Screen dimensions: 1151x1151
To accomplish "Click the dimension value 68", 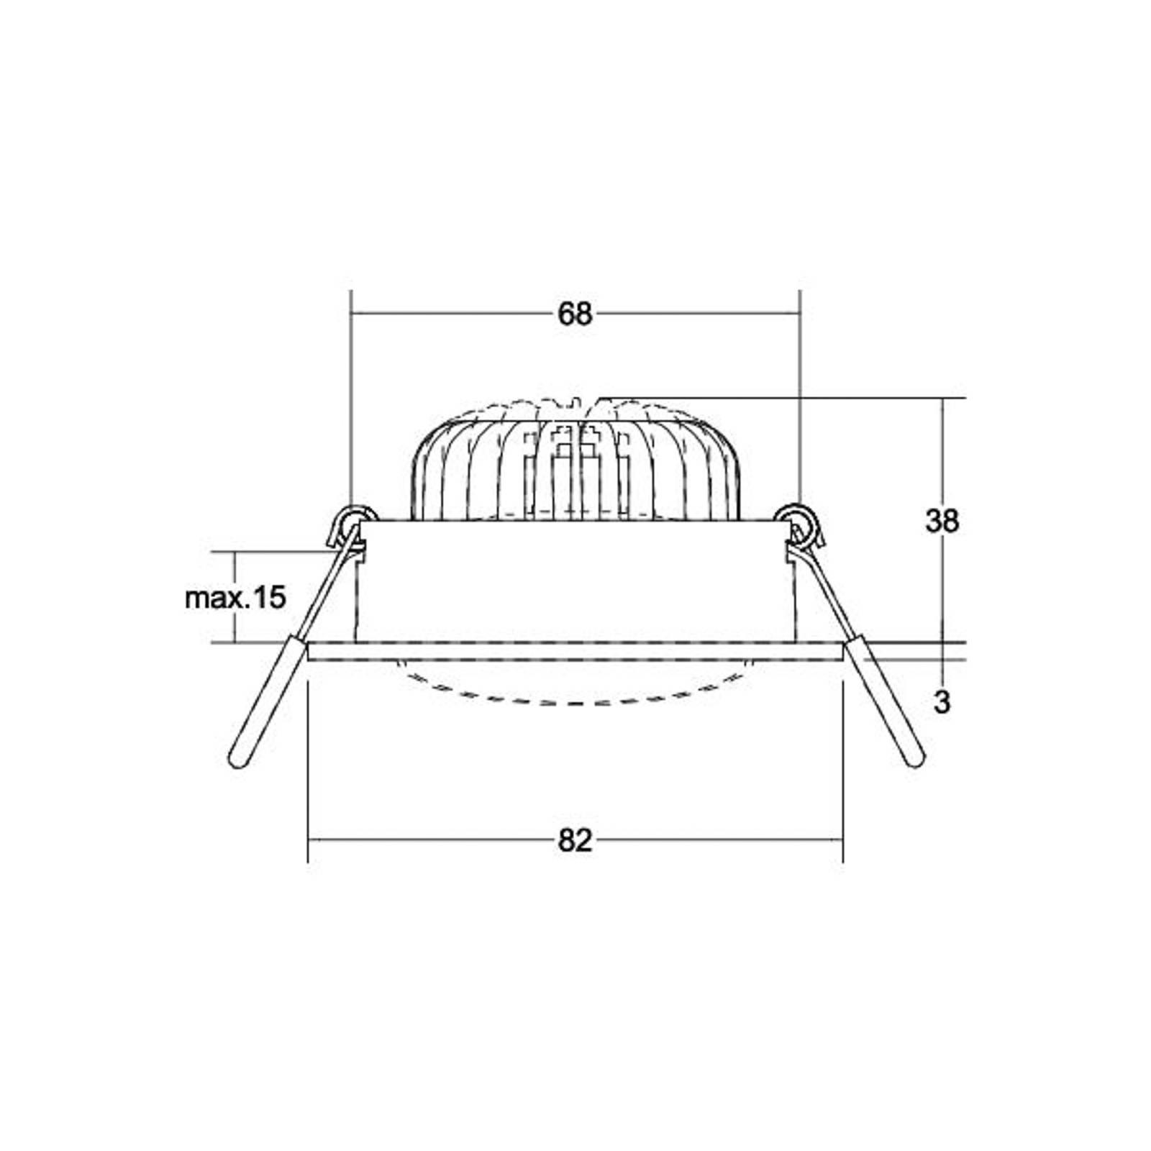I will [575, 314].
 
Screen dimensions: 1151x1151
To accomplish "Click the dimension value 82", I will [575, 840].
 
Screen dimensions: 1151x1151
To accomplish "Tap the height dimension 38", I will [942, 521].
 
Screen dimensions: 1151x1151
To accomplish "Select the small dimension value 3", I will [942, 702].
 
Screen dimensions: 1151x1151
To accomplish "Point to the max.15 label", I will [235, 598].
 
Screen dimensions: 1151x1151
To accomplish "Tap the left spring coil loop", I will [352, 518].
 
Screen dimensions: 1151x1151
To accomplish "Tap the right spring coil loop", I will [799, 518].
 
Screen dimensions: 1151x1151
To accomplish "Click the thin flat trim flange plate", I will [575, 652].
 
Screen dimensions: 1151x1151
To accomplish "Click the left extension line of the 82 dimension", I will [308, 777].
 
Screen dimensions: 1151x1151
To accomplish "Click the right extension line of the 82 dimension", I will [843, 777].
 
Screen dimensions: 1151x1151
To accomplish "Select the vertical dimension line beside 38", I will [943, 460].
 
